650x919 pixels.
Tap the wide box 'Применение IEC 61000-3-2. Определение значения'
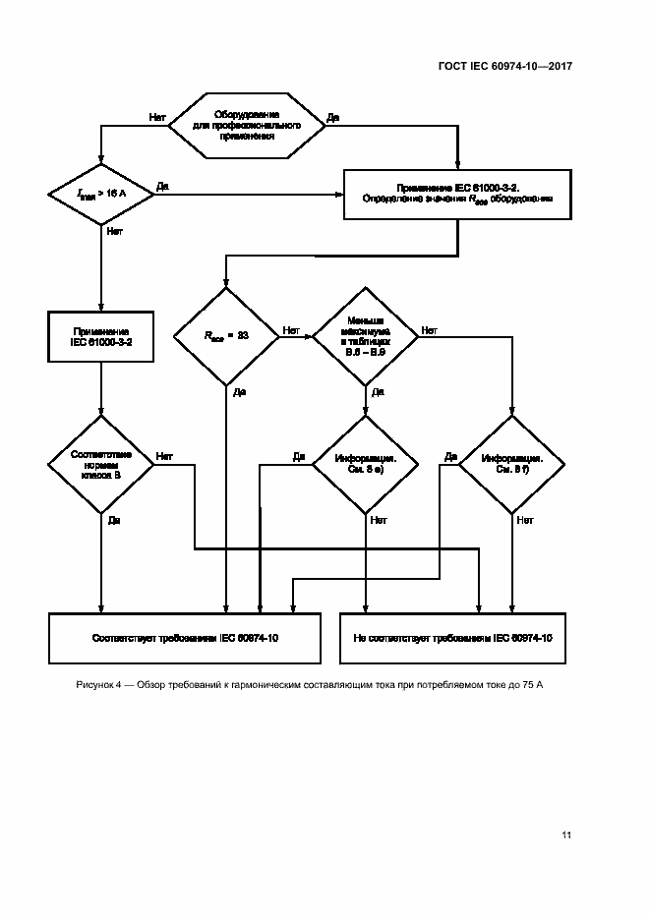point(457,192)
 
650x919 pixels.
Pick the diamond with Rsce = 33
point(226,335)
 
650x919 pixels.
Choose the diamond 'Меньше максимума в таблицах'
point(365,335)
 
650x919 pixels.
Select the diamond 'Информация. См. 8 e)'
point(365,464)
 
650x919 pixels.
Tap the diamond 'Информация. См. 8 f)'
point(512,464)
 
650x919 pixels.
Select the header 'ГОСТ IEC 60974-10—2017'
point(504,67)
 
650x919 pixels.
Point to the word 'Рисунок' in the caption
point(94,684)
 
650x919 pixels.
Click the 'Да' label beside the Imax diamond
point(163,186)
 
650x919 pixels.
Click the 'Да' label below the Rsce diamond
point(239,393)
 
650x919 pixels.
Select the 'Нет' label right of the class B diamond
point(164,456)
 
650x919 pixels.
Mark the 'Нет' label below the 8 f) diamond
point(524,520)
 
